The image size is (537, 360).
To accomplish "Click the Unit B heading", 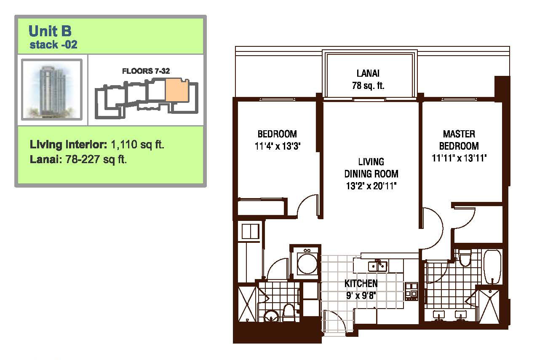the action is tap(50, 31).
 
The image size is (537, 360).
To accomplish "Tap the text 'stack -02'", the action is tap(53, 45).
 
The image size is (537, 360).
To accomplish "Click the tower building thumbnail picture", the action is tap(52, 89).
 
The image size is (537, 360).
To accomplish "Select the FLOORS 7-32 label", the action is tap(146, 71).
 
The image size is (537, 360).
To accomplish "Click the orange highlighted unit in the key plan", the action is tap(176, 90).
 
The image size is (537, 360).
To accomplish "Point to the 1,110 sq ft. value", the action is tap(137, 145).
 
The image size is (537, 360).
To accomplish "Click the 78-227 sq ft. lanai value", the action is tap(96, 159).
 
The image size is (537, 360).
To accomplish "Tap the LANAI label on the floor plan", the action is tap(368, 73).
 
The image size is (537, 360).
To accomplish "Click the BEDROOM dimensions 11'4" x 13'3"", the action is tap(278, 146).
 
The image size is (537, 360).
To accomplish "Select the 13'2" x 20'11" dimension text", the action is tap(371, 186).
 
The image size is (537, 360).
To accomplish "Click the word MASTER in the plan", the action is tap(459, 134).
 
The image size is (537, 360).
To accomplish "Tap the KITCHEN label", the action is tap(361, 283).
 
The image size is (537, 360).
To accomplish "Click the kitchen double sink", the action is tap(377, 266).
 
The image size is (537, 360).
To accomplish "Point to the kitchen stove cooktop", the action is tap(411, 291).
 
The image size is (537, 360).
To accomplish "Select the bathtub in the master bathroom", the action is tap(492, 267).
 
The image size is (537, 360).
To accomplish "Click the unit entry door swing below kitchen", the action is tap(336, 321).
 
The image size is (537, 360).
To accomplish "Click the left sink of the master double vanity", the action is tap(439, 315).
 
